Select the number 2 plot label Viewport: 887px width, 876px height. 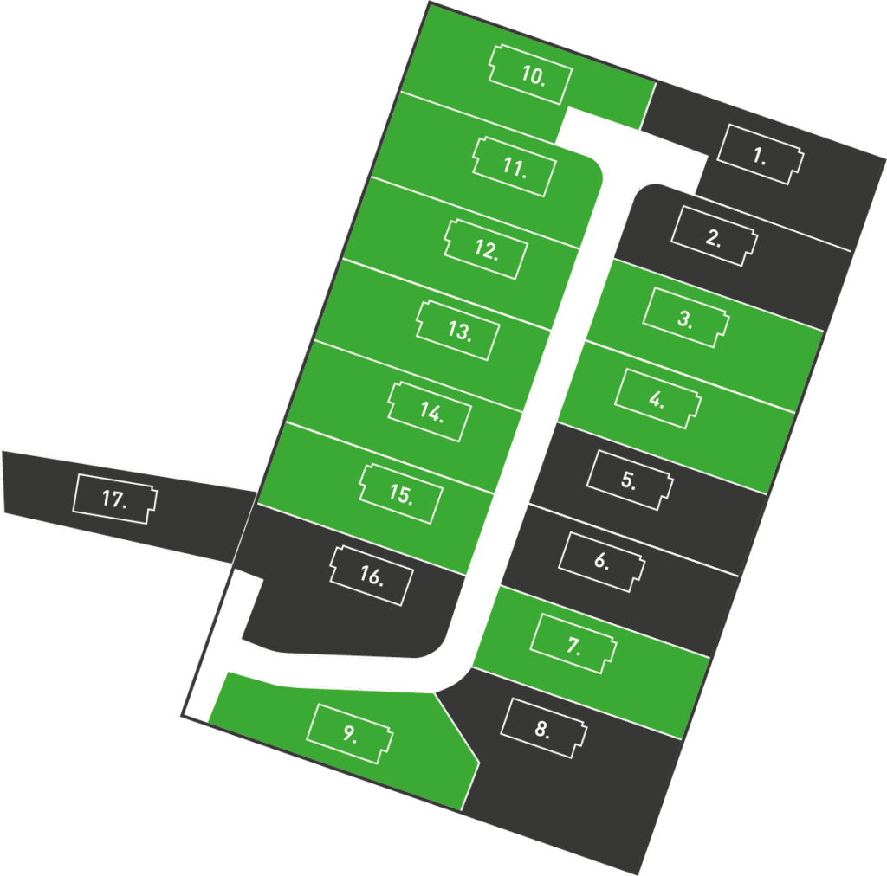[713, 239]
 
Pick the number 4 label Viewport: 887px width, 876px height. [657, 400]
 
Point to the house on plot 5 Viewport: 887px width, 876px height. [629, 481]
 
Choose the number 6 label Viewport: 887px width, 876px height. [601, 561]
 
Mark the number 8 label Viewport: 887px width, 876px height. [542, 729]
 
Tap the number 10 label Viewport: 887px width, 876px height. [533, 75]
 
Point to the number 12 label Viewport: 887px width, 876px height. [487, 250]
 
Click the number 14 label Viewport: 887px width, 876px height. [431, 412]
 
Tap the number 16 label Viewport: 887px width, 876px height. [371, 577]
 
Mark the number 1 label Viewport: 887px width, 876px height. [759, 157]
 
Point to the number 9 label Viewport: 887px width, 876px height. [349, 734]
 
